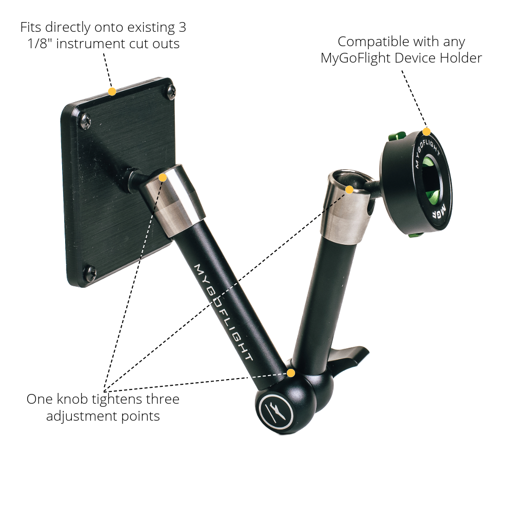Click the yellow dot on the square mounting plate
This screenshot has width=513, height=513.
point(112,92)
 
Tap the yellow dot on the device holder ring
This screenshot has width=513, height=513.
point(427,132)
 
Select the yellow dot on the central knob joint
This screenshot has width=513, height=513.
point(291,373)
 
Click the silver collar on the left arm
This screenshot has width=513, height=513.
point(174,200)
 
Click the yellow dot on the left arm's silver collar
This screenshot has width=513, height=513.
point(163,177)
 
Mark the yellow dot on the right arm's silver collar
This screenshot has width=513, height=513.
point(349,189)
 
